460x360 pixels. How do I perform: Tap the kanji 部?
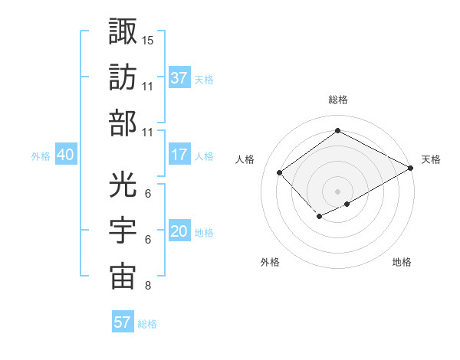pyautogui.click(x=123, y=123)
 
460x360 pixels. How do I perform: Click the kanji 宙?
pyautogui.click(x=123, y=277)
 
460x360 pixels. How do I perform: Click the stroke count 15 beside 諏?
pyautogui.click(x=148, y=39)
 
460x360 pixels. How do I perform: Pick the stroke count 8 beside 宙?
pyautogui.click(x=147, y=286)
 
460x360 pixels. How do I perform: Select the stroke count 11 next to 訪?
pyautogui.click(x=148, y=86)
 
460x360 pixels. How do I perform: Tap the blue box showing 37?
pyautogui.click(x=179, y=77)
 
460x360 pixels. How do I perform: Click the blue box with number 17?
pyautogui.click(x=179, y=155)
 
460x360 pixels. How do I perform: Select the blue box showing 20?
pyautogui.click(x=179, y=231)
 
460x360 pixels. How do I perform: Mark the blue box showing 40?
pyautogui.click(x=65, y=155)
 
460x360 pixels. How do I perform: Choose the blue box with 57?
pyautogui.click(x=123, y=322)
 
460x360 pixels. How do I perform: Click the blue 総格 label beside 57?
pyautogui.click(x=147, y=323)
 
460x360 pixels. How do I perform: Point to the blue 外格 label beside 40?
pyautogui.click(x=41, y=155)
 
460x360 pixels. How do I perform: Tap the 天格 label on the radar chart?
pyautogui.click(x=431, y=159)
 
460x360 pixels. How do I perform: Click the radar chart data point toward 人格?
pyautogui.click(x=280, y=173)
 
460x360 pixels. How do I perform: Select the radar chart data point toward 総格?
pyautogui.click(x=337, y=131)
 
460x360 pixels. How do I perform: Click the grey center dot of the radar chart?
pyautogui.click(x=337, y=190)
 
